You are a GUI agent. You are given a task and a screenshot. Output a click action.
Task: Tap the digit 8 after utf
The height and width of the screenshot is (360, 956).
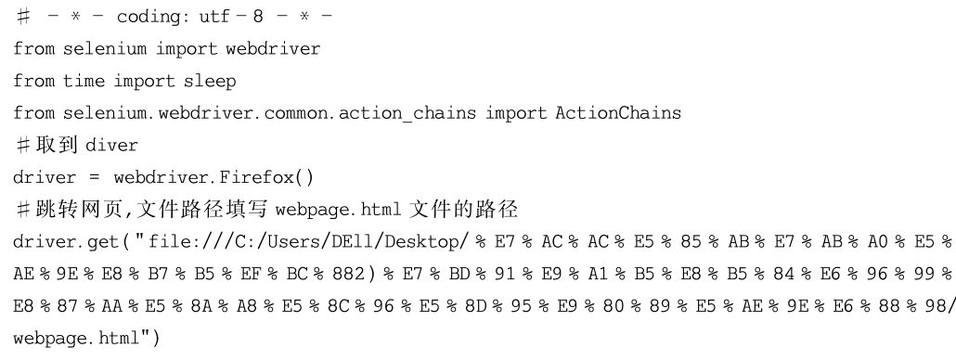click(x=258, y=17)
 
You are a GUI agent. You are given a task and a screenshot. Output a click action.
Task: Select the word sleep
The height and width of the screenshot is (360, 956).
click(x=210, y=81)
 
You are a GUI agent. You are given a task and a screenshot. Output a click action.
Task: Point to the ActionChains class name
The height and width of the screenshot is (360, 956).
click(x=617, y=112)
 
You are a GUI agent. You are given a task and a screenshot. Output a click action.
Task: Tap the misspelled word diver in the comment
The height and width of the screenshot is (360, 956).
click(x=111, y=145)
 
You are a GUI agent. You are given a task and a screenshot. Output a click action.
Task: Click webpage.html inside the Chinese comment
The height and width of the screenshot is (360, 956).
click(x=339, y=210)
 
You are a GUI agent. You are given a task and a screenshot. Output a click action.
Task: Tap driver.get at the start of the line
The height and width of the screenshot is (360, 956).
click(x=65, y=242)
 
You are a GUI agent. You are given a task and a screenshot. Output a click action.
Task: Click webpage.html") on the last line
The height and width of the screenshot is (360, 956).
click(x=86, y=338)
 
